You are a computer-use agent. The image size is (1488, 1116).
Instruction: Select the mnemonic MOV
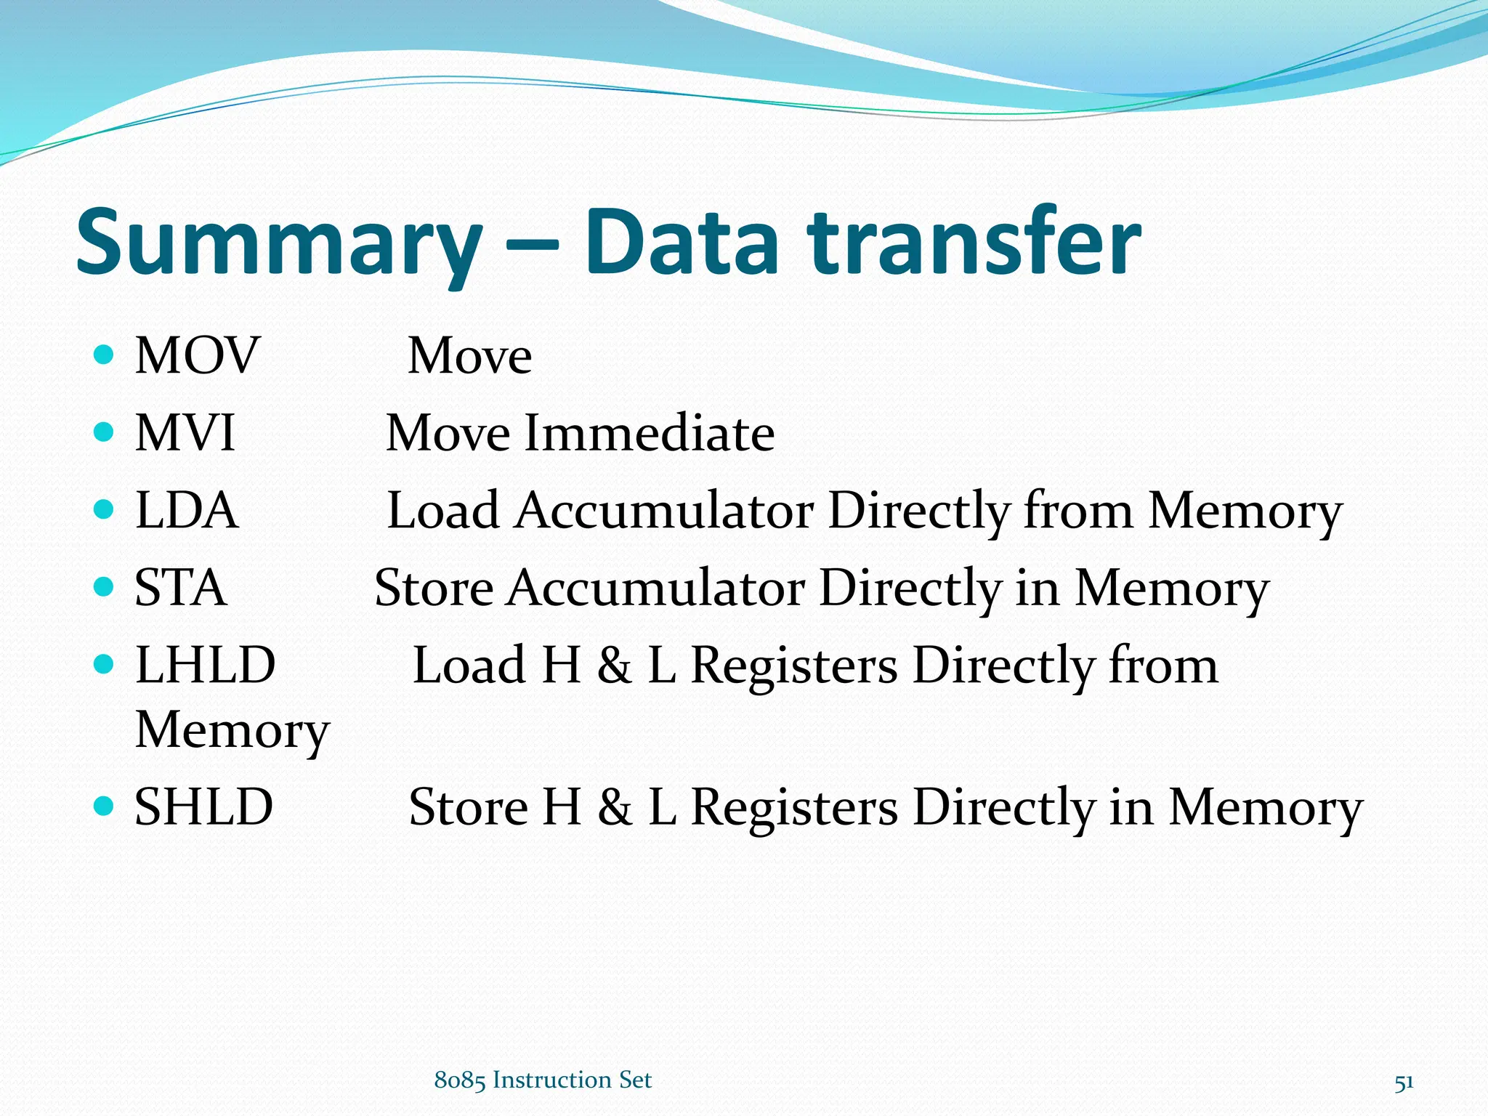coord(197,356)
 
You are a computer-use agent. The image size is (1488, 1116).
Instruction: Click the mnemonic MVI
coord(185,433)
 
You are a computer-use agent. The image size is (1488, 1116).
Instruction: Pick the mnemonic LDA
coord(187,510)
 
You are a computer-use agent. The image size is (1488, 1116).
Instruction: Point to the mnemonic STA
coord(180,588)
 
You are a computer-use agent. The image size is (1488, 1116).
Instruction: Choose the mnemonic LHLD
coord(206,665)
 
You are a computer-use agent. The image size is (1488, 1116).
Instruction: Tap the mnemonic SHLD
coord(204,807)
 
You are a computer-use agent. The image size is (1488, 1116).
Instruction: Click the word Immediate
coord(649,433)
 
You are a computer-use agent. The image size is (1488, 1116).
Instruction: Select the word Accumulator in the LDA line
coord(664,510)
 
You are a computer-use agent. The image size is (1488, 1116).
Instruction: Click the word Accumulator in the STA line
coord(655,588)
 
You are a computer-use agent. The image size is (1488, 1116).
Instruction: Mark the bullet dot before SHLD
coord(105,806)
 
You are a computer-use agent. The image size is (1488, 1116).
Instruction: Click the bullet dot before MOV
coord(105,355)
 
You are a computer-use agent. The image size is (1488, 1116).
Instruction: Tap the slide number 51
coord(1404,1083)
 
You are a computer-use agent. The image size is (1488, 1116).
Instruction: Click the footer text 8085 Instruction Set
coord(543,1080)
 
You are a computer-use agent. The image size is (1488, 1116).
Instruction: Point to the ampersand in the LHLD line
coord(615,666)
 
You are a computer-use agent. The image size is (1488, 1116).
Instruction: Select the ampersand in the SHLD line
coord(615,808)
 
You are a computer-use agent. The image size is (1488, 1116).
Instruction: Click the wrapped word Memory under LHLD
coord(232,729)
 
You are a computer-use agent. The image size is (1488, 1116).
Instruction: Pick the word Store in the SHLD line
coord(469,807)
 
